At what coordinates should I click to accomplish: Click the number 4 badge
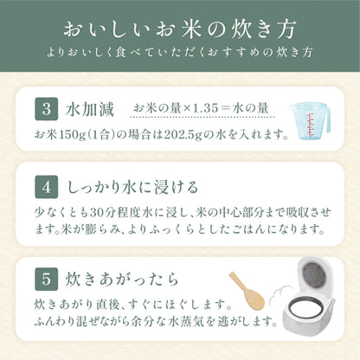tap(45, 188)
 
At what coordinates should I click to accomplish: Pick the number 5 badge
tap(45, 281)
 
